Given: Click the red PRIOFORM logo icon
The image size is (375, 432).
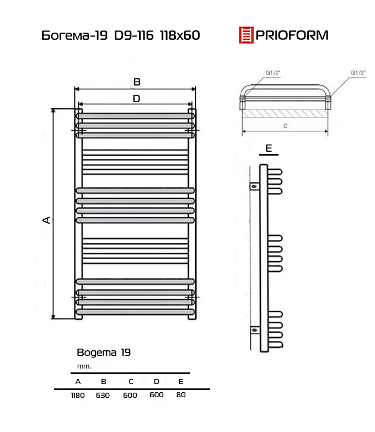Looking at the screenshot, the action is click(x=246, y=35).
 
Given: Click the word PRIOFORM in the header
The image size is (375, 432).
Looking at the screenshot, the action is click(x=292, y=35).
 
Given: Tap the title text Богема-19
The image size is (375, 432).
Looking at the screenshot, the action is click(x=74, y=35).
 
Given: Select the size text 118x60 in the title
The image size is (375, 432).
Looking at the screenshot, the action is click(x=180, y=35).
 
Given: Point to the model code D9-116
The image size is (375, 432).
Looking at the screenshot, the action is click(x=134, y=35).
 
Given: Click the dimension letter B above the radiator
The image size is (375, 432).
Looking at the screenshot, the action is click(x=137, y=82).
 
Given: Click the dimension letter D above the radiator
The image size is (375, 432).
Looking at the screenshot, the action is click(x=136, y=98).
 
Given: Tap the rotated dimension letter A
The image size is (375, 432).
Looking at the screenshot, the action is click(x=46, y=220).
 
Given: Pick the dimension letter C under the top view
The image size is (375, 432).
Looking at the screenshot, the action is click(x=285, y=126).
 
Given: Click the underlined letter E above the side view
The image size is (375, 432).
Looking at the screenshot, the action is click(x=269, y=148).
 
